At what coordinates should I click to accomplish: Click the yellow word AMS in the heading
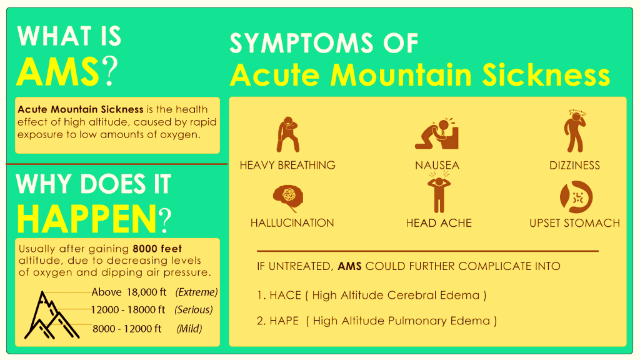point(58,72)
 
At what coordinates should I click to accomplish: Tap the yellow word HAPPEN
point(87,219)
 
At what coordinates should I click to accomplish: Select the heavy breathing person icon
point(287,135)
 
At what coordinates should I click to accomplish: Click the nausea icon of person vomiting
point(437,134)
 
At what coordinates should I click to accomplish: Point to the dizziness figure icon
point(575,131)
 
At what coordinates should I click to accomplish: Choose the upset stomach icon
point(576,197)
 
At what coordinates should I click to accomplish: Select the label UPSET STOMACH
point(575,223)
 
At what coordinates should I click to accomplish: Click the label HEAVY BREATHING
point(287,165)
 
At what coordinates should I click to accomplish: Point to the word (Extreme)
point(196,292)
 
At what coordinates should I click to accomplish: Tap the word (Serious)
point(194,310)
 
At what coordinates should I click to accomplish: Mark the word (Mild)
point(189,329)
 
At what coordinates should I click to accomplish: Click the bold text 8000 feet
point(157,249)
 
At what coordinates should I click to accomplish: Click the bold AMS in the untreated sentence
point(350,266)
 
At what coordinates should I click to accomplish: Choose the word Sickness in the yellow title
point(546,75)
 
